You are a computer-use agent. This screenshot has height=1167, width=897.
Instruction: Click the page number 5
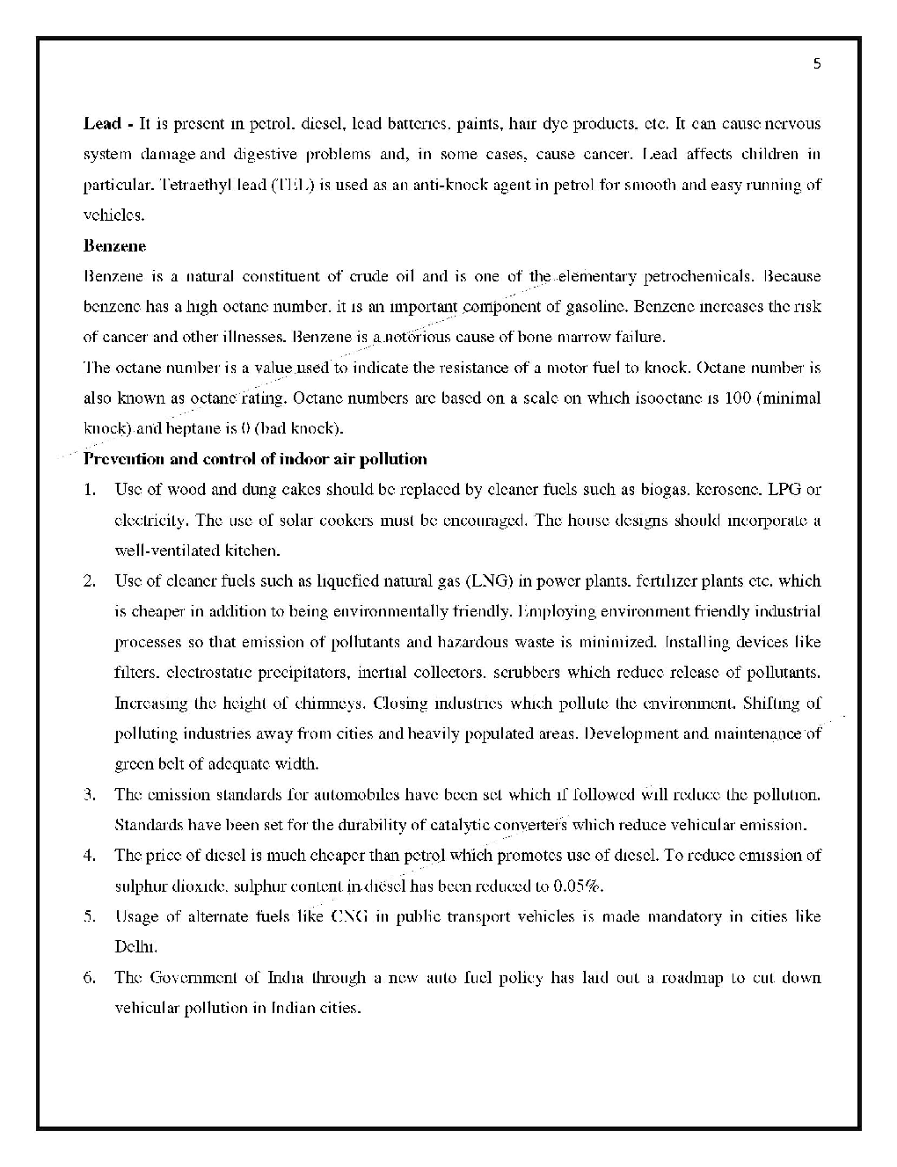(x=817, y=63)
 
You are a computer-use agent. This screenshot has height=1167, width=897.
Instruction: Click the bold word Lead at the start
(x=101, y=124)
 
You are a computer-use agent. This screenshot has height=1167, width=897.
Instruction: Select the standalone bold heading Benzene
(x=114, y=246)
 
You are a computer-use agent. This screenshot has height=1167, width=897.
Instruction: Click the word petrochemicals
(x=698, y=277)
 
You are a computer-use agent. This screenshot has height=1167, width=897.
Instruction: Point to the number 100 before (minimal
(x=737, y=398)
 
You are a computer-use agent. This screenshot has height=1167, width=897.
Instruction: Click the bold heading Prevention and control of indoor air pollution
(x=255, y=459)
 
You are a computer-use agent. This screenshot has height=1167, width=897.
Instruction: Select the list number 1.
(x=90, y=490)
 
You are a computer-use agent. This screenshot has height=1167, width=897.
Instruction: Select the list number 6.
(x=90, y=978)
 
